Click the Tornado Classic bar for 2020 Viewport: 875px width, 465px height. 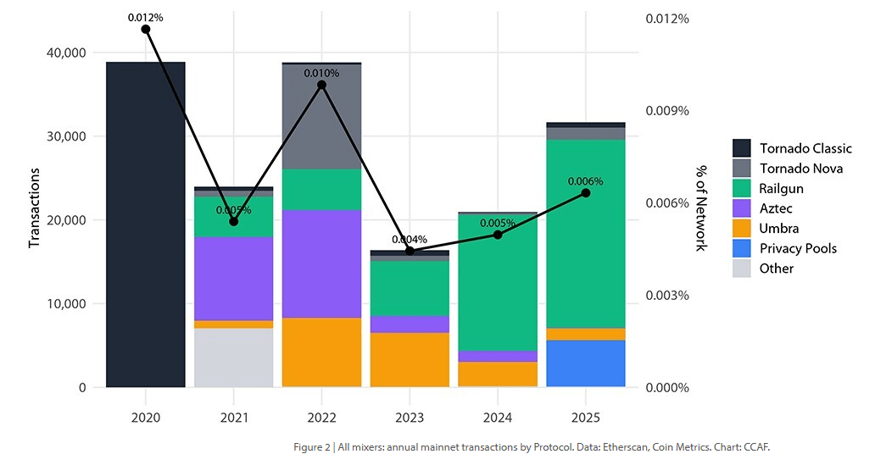[145, 224]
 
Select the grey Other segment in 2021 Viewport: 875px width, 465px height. [233, 357]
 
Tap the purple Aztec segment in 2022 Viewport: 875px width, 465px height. [321, 263]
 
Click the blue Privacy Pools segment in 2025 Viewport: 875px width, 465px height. [585, 363]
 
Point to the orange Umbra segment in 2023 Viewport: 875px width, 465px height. [410, 359]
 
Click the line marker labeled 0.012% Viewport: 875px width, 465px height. [145, 29]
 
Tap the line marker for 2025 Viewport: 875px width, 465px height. [585, 193]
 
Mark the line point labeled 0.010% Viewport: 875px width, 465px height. [321, 85]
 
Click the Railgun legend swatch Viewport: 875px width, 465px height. [742, 188]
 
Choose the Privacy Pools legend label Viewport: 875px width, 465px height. [798, 248]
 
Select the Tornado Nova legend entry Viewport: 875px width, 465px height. [800, 169]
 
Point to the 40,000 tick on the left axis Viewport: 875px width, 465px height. [64, 53]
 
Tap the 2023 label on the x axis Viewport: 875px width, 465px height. [410, 418]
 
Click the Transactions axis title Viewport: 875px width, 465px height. [35, 208]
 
